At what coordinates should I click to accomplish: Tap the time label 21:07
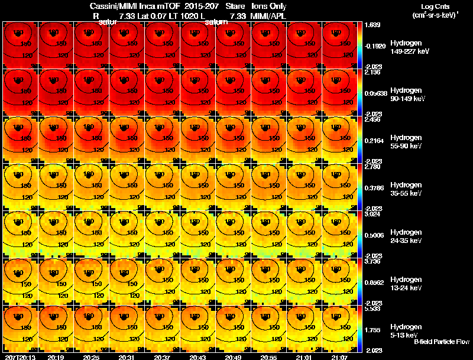(340, 357)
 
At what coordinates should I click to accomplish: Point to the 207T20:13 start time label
(19, 357)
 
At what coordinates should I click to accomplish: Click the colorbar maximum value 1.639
(372, 25)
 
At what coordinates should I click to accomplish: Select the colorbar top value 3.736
(372, 261)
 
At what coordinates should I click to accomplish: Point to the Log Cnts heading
(434, 6)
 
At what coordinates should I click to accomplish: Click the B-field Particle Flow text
(441, 342)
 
